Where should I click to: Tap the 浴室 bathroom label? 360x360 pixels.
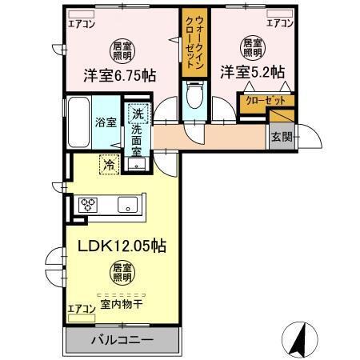(x=106, y=123)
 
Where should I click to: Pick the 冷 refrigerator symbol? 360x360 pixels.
(x=108, y=165)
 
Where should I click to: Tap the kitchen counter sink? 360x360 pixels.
(x=128, y=205)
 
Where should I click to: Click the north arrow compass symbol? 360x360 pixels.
(x=298, y=339)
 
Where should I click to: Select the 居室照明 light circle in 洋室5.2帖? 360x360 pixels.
(x=252, y=47)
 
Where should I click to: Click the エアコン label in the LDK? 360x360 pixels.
(x=80, y=307)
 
